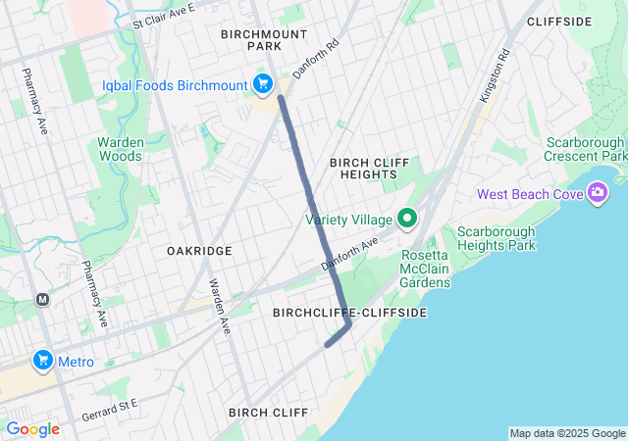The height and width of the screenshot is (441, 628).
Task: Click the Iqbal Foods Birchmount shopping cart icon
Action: coord(262,85)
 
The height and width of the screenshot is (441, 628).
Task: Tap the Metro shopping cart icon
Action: coord(42,362)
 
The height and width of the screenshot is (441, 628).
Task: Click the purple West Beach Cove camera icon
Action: coord(598,193)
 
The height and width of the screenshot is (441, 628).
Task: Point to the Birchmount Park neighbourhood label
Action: coord(251,39)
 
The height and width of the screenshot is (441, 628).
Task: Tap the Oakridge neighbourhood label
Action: coord(199,251)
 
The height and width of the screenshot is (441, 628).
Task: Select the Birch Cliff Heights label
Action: coord(363,168)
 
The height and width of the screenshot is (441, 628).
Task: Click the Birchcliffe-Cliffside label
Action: coord(348,313)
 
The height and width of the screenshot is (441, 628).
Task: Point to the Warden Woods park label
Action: coord(121,149)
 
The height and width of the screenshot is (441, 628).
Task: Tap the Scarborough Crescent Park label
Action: coord(587,149)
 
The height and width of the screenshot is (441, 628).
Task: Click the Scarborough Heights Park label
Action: coord(497,238)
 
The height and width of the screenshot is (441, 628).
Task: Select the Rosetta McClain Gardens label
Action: coord(424,275)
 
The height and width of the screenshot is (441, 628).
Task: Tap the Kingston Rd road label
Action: coord(497,77)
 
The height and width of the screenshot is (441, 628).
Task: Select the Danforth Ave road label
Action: coord(349,254)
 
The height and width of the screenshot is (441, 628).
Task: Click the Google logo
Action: coord(32,429)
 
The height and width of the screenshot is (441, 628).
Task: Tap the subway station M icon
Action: coord(42,300)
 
